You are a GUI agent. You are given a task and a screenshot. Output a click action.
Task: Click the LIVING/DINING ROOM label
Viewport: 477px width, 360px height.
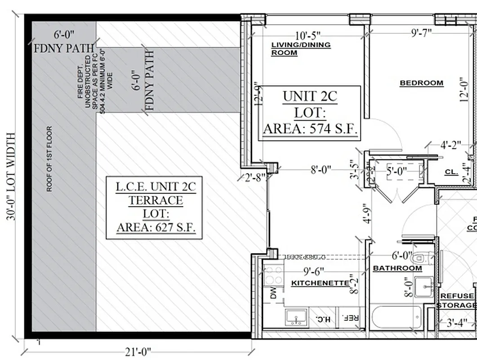301,49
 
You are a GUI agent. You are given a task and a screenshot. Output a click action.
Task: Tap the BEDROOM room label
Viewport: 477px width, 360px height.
421,83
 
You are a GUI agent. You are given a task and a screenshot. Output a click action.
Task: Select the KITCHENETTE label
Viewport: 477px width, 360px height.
320,283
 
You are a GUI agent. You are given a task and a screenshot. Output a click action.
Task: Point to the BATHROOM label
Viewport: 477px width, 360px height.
397,268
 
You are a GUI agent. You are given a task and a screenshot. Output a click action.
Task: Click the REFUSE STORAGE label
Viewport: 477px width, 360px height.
457,301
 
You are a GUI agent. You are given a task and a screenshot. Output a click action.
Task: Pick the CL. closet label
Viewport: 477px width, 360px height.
451,172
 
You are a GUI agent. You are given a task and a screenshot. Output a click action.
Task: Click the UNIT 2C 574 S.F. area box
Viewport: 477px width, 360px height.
310,113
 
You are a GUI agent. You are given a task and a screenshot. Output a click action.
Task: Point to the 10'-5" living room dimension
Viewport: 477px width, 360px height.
308,35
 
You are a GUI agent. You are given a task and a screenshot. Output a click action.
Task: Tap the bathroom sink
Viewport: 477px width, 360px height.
423,287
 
